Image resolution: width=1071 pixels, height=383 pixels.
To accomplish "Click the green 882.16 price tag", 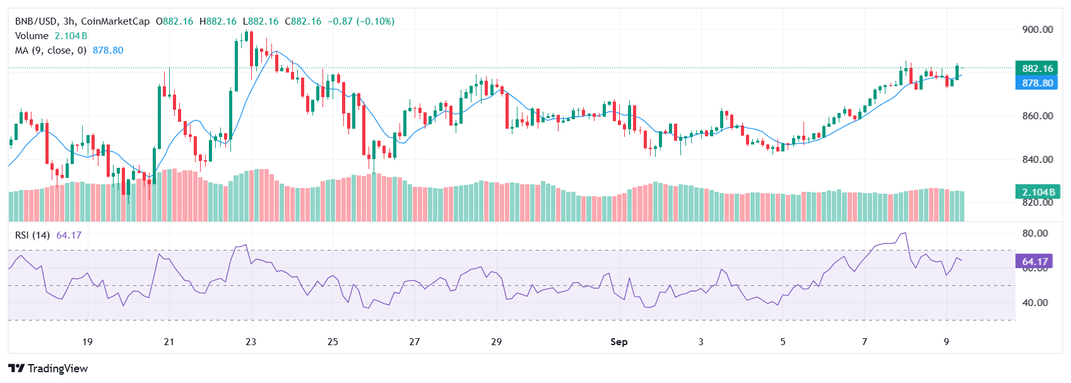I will click(1037, 68).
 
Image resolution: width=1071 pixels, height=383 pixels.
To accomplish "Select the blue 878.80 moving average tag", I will click(1037, 83).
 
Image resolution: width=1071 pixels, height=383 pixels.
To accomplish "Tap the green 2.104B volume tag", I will click(1037, 192).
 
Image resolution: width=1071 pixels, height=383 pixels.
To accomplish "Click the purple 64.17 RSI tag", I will click(1034, 261).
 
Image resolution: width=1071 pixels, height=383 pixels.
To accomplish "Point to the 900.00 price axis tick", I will click(1037, 29).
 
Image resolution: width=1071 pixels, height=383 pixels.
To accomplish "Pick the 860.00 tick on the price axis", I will click(1037, 116).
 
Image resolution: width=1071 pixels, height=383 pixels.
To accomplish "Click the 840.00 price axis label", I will click(1037, 159).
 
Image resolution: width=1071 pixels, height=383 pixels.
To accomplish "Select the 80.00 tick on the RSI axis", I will click(1034, 233).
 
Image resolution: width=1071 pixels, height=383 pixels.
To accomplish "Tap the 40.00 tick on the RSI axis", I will click(1034, 302).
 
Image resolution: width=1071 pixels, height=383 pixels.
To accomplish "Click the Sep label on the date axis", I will click(618, 341).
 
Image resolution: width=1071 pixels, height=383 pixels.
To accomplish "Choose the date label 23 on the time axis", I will click(251, 341).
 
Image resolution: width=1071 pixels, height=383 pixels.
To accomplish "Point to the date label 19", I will click(87, 341).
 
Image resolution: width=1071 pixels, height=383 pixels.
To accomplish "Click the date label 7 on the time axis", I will click(864, 341).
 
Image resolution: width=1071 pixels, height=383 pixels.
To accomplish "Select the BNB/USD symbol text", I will click(36, 21).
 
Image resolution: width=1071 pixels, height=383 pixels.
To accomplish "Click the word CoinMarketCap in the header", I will click(115, 21).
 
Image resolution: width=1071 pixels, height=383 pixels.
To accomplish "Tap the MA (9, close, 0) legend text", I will click(50, 50).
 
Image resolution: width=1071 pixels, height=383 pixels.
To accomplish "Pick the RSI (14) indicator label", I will click(32, 235).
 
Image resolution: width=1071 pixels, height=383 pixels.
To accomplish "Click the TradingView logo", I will click(48, 368).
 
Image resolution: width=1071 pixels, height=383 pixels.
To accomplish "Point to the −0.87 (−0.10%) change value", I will click(361, 21).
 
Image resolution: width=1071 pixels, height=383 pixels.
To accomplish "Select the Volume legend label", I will click(32, 36).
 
